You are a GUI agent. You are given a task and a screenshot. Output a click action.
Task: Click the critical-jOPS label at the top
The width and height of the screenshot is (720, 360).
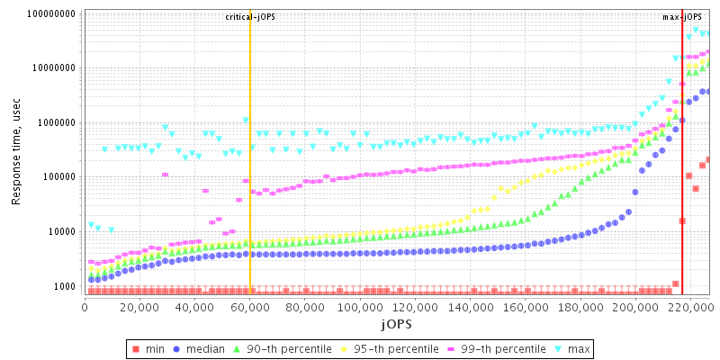point(250,17)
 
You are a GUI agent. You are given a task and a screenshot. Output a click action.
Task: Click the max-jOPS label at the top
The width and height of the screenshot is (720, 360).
point(682,17)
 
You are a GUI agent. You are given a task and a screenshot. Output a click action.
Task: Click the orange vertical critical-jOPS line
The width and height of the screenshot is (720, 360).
point(250,180)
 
